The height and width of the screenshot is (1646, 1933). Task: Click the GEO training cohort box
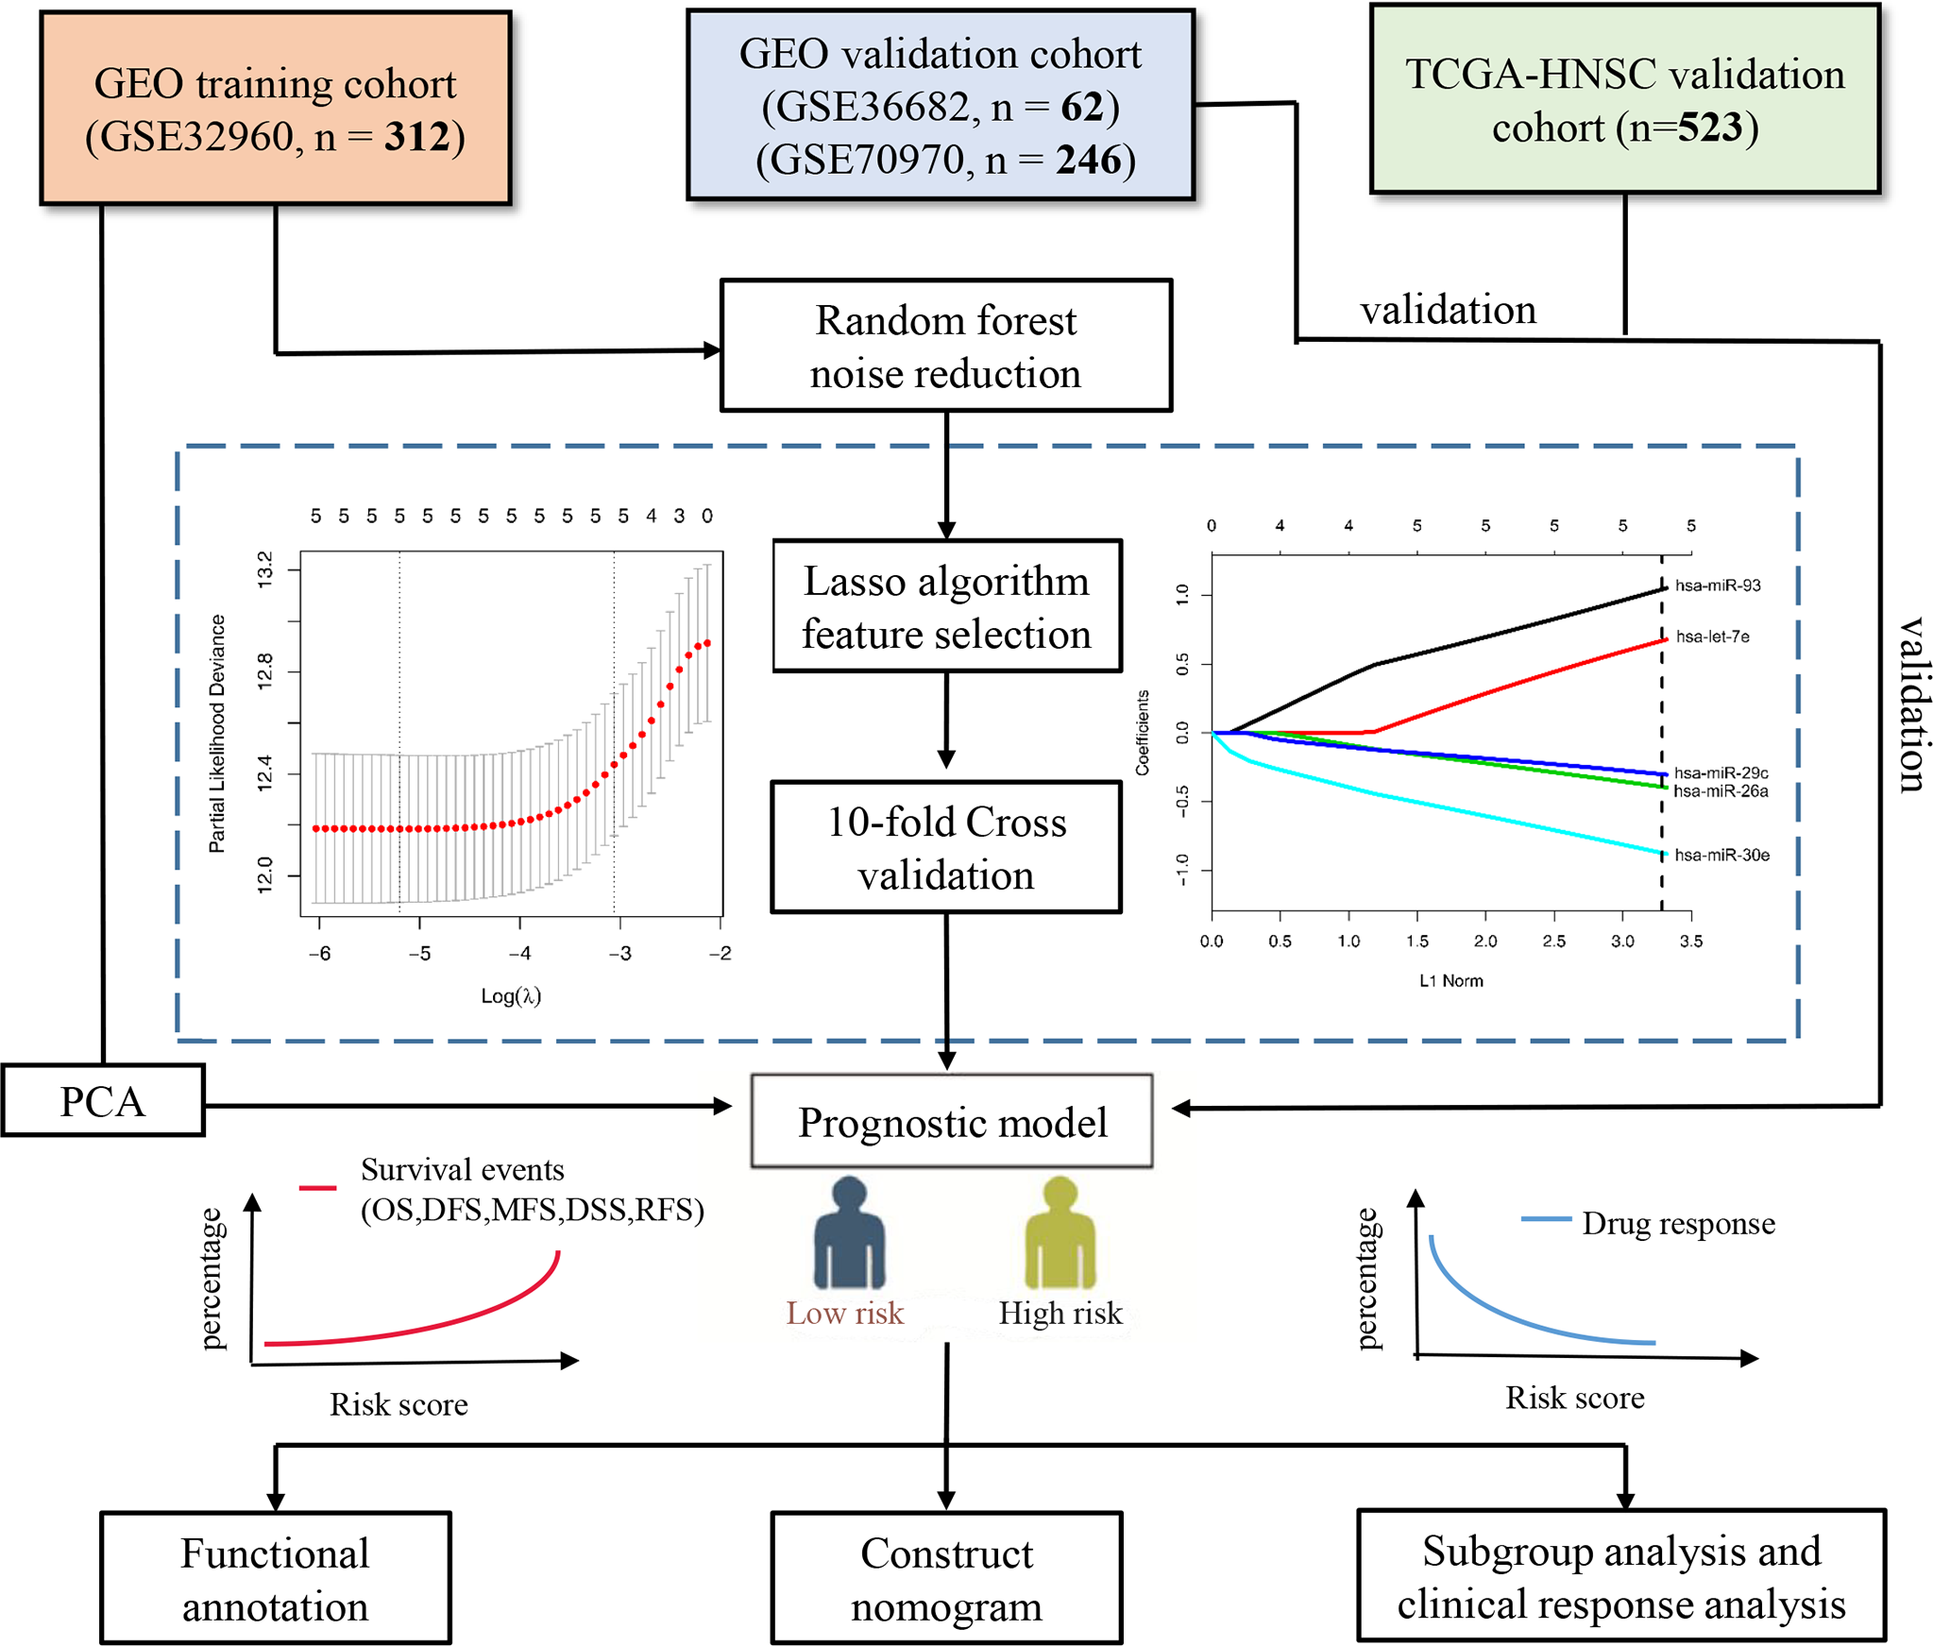coord(275,109)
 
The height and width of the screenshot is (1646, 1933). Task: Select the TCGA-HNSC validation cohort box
coord(1624,100)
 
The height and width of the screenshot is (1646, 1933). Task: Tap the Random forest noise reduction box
coord(945,346)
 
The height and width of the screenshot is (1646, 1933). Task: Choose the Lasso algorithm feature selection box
coord(946,606)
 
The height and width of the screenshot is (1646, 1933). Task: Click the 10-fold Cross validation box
coord(946,847)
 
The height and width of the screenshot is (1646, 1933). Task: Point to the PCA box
coord(103,1101)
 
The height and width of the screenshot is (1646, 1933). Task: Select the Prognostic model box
coord(952,1122)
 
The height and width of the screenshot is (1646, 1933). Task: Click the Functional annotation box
coord(275,1578)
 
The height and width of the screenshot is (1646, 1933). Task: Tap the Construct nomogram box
coord(946,1578)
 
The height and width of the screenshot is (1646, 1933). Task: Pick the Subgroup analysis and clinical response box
coord(1621,1576)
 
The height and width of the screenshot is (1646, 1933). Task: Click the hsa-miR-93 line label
coord(1718,585)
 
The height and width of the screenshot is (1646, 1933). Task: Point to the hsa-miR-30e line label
coord(1721,856)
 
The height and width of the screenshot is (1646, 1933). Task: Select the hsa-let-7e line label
coord(1712,636)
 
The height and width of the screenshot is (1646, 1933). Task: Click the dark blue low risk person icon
coord(849,1232)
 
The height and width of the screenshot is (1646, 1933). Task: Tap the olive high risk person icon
coord(1060,1232)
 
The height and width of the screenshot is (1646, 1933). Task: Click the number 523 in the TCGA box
coord(1709,127)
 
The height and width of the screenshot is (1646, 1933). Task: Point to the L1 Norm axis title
coord(1450,981)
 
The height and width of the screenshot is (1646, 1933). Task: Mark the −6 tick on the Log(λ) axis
coord(320,953)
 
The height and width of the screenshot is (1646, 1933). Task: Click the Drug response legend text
coord(1678,1223)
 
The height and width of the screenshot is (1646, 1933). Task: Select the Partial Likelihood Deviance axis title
coord(217,733)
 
